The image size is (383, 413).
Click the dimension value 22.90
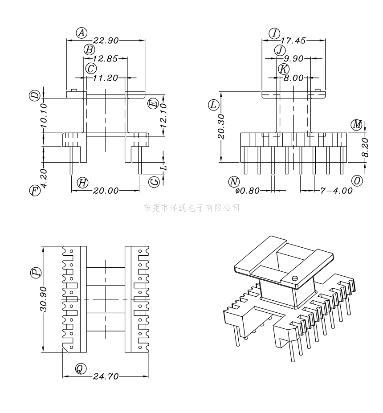tap(106, 40)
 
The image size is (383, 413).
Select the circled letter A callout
tap(81, 33)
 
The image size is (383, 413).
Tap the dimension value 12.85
tap(105, 58)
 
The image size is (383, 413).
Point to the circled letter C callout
tap(91, 69)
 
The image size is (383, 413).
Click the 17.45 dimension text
tap(293, 40)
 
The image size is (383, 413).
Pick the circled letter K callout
tap(284, 69)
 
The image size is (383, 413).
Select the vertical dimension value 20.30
tap(221, 127)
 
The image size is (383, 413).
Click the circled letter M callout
tap(357, 125)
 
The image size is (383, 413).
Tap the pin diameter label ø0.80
tap(248, 190)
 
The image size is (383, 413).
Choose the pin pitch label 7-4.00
tap(336, 190)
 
